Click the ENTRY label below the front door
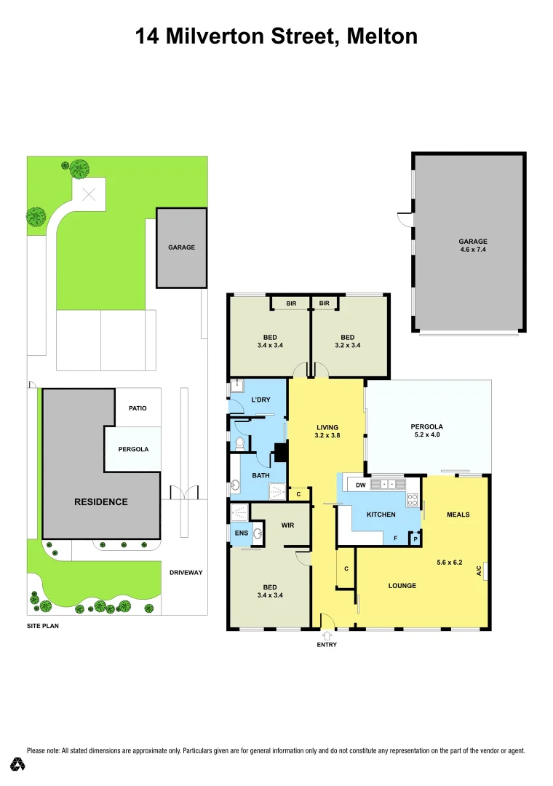327,644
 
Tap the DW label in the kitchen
359,485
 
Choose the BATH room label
260,476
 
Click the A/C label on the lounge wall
480,571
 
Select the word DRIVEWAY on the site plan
186,573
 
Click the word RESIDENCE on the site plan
100,501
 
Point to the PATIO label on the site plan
138,408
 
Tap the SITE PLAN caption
43,625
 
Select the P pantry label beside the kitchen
415,539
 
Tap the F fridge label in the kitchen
395,539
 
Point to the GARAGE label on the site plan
181,247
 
